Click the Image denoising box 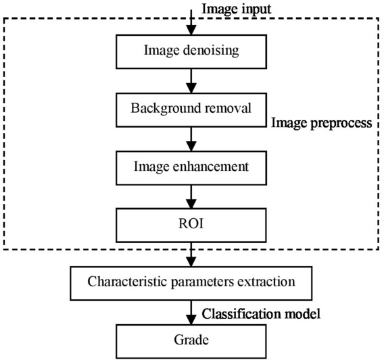(191, 51)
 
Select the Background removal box (191, 110)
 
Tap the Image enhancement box (191, 168)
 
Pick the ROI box (191, 226)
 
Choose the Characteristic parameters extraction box (191, 284)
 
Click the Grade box (191, 341)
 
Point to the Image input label (237, 9)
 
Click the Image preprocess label (322, 123)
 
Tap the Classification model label (261, 313)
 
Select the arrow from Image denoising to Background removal (191, 81)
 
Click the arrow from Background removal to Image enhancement (191, 139)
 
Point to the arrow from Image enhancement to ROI (191, 197)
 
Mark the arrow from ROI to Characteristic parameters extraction (191, 255)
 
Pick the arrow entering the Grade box (191, 313)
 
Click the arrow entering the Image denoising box (191, 22)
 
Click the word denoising (211, 51)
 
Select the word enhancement (211, 166)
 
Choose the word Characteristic (127, 282)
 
